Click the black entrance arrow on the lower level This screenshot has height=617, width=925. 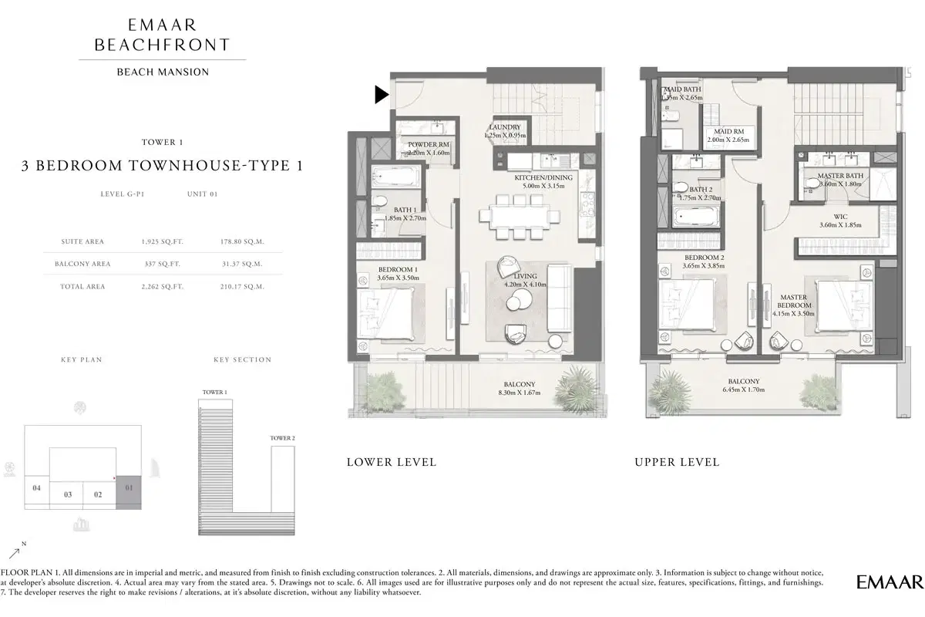pyautogui.click(x=381, y=95)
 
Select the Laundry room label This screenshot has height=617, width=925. pyautogui.click(x=505, y=127)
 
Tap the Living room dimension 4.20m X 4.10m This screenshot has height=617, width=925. pyautogui.click(x=524, y=285)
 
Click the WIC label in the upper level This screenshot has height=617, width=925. pyautogui.click(x=839, y=217)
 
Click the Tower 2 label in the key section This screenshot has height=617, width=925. pyautogui.click(x=281, y=438)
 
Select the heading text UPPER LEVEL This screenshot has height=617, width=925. pyautogui.click(x=677, y=462)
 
